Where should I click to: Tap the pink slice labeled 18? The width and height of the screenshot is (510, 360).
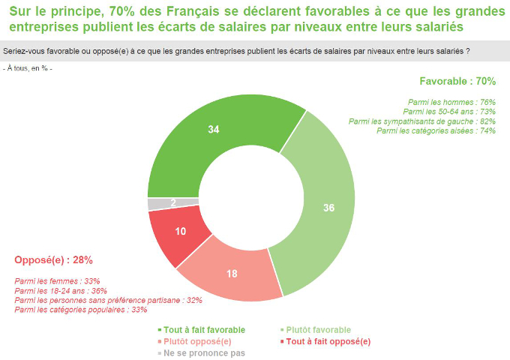[x=232, y=274]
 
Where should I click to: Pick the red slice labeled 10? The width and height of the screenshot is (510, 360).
[x=181, y=232]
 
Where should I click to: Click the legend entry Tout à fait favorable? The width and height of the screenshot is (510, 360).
[x=202, y=330]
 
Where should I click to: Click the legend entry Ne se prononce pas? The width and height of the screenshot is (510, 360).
[x=202, y=352]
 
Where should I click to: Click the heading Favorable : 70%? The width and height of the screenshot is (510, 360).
[x=457, y=81]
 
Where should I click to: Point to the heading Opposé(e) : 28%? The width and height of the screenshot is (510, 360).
[x=54, y=260]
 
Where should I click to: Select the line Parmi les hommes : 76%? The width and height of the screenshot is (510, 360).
[x=447, y=101]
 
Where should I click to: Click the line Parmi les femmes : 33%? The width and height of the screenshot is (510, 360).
[x=58, y=281]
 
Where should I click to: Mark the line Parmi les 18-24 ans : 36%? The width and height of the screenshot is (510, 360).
[x=61, y=290]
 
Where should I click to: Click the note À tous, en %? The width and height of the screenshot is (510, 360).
[x=28, y=68]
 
